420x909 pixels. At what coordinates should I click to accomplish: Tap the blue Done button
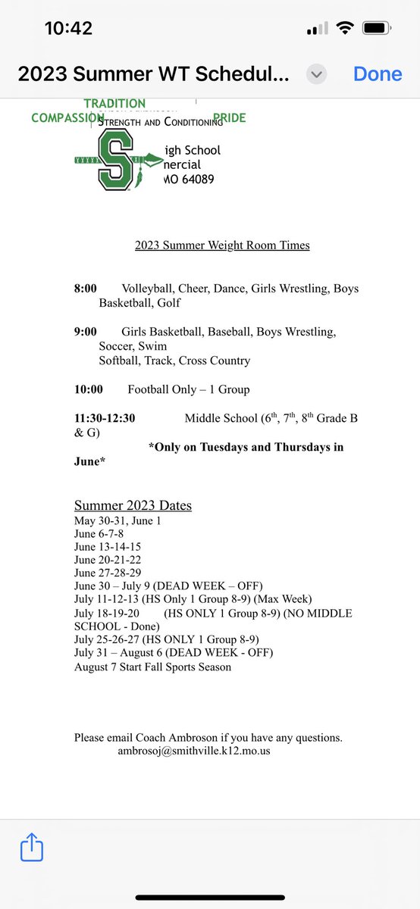coord(378,74)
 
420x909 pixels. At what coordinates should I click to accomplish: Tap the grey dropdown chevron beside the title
coord(317,74)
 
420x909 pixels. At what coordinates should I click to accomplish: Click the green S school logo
coord(115,161)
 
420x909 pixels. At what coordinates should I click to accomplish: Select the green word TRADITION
coord(114,103)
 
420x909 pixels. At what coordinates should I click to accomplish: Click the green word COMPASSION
coord(67,118)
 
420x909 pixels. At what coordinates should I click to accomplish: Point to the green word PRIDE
coord(230,118)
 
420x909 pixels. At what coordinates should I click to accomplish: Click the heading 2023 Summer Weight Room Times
coord(222,245)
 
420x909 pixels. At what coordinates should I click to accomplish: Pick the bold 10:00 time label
coord(88,389)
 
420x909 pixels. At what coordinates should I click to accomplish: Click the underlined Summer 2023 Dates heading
coord(133,505)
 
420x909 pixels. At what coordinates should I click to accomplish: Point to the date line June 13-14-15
coord(108,547)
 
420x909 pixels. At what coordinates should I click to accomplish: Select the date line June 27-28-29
coord(108,573)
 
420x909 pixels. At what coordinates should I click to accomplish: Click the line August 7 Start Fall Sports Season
coord(152,667)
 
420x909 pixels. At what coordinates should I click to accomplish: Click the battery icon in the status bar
coord(377,29)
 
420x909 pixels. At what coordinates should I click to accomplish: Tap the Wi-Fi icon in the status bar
coord(345,29)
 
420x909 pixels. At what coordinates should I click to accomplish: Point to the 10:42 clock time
coord(68,29)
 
